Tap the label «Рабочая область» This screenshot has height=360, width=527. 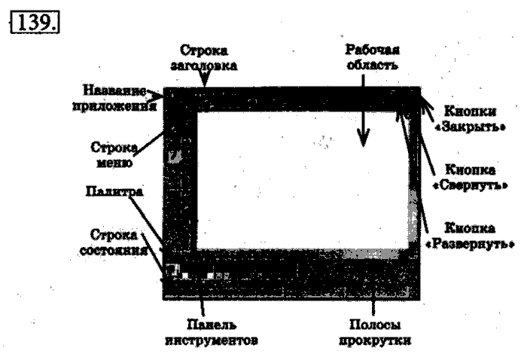371,57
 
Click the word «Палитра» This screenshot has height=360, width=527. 114,191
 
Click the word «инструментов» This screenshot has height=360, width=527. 214,340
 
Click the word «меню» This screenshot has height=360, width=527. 117,161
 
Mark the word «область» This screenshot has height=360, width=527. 371,65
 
